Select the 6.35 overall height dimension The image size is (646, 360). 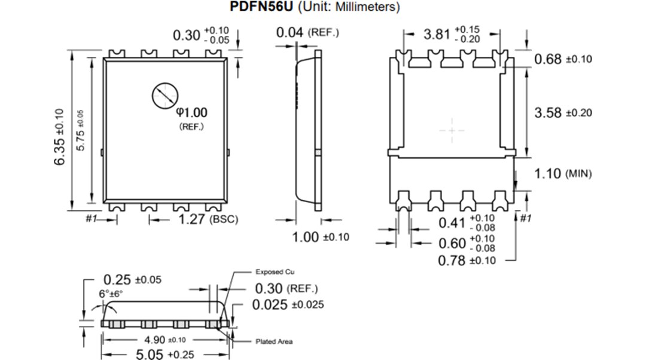pos(59,137)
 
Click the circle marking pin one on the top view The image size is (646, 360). pos(164,96)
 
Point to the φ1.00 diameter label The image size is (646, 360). pos(191,112)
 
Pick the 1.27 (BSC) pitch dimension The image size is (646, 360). pos(208,219)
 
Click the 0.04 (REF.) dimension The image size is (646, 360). pos(307,32)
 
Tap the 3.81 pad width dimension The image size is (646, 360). pos(452,33)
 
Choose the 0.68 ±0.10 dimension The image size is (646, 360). pos(562,59)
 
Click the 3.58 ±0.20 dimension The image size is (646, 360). pos(562,112)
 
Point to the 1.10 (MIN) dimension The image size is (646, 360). pos(562,173)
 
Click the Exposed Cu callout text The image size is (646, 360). pos(275,271)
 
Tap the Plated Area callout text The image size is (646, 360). pos(274,341)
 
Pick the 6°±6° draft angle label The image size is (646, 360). pos(111,294)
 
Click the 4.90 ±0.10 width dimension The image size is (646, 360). pos(161,340)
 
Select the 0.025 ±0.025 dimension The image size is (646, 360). pos(288,304)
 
